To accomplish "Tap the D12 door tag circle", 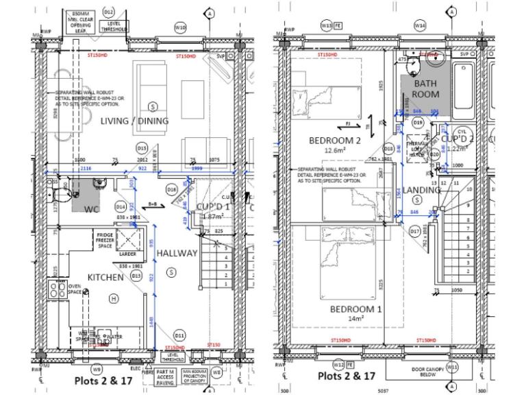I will pos(109,12).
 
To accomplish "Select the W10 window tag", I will pos(180,27).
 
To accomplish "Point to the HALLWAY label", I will pos(177,253).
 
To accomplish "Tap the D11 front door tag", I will pos(179,335).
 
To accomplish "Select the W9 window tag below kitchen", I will pos(97,368).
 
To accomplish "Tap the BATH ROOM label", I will pos(425,89).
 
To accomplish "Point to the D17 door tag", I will pos(415,232).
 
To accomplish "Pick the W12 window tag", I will pos(338,363).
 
